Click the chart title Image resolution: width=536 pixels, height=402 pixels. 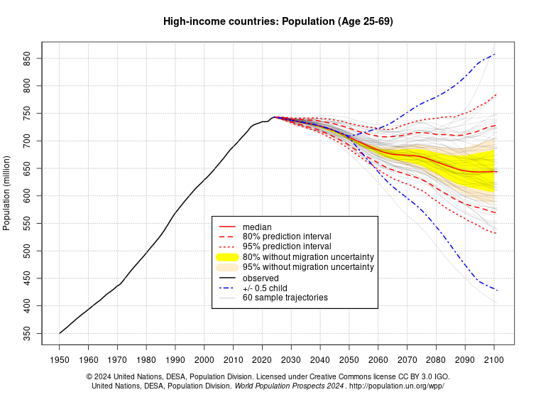(x=278, y=22)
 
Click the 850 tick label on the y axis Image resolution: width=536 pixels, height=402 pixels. (x=30, y=58)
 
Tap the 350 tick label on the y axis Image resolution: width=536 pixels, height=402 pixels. (x=30, y=333)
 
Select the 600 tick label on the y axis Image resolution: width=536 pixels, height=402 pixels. (x=30, y=196)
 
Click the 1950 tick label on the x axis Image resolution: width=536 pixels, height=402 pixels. (x=59, y=360)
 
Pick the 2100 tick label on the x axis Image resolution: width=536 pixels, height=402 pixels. (x=494, y=360)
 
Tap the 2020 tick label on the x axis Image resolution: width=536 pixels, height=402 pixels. (x=262, y=360)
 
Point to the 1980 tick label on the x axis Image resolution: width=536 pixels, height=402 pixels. (x=146, y=360)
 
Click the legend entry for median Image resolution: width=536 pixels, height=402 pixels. (x=256, y=227)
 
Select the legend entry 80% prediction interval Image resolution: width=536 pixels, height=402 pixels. (x=287, y=237)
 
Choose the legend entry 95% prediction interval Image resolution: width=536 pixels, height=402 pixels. (x=287, y=246)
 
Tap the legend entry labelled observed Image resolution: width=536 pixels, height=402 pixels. (x=261, y=278)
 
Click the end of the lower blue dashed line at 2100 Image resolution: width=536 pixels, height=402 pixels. (x=497, y=290)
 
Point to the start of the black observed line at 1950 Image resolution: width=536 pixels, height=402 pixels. (x=60, y=333)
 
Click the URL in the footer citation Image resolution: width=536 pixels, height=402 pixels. (x=398, y=386)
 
